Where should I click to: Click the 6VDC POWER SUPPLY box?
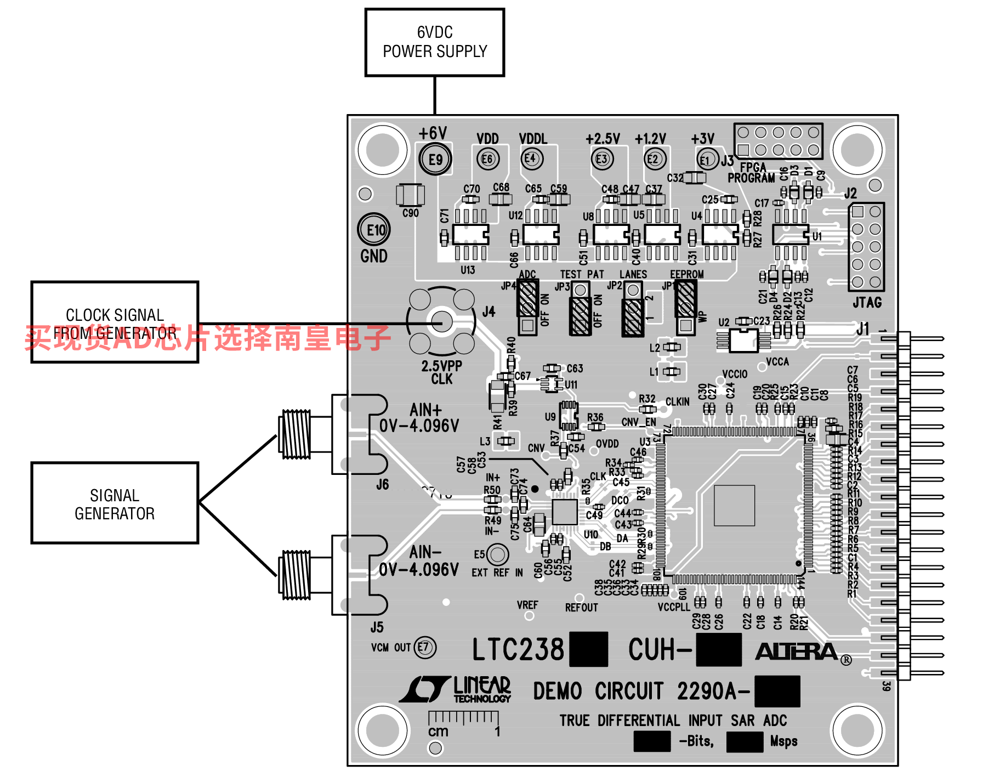pos(434,42)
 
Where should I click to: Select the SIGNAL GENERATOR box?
pos(115,503)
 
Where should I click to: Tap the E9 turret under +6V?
pos(435,160)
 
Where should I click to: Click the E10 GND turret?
pos(374,230)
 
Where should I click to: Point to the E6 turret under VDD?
pos(487,159)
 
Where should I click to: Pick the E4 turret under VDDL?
pos(531,159)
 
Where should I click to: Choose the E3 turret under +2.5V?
pos(602,159)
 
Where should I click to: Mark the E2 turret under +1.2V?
pos(653,159)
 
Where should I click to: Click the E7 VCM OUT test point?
pos(424,647)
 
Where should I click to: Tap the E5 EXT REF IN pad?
pos(497,554)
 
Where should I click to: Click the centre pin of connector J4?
pos(441,322)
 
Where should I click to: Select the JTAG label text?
pos(867,302)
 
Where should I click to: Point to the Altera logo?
pos(798,651)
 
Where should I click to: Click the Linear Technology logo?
pos(455,689)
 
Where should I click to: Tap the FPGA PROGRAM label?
pos(752,173)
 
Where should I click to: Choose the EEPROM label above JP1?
pos(686,274)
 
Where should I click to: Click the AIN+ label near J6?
pos(425,410)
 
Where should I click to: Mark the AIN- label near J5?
pos(425,552)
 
